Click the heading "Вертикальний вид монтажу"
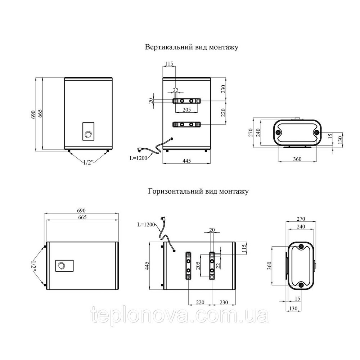click(x=192, y=47)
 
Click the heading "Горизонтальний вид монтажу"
click(x=198, y=191)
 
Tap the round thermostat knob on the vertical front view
click(x=88, y=134)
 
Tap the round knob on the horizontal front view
click(x=61, y=266)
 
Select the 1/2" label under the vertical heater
click(x=87, y=163)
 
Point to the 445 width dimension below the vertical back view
click(x=186, y=161)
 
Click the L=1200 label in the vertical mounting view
click(x=139, y=158)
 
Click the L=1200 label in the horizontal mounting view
click(x=146, y=225)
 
